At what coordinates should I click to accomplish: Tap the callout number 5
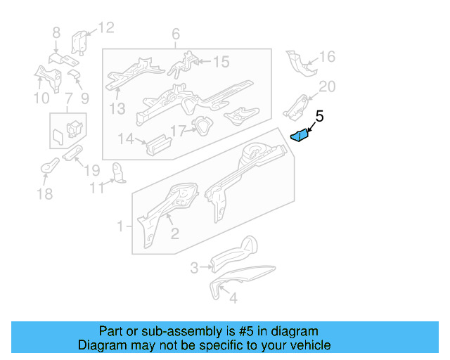click(x=319, y=117)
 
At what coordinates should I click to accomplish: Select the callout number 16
click(x=328, y=57)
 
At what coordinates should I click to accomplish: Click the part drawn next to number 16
click(x=298, y=64)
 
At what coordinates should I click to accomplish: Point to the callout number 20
click(x=328, y=86)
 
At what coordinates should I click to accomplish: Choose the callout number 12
click(x=105, y=28)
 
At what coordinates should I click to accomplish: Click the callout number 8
click(x=56, y=32)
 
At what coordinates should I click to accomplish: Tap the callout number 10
click(x=41, y=98)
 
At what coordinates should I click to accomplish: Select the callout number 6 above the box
click(x=176, y=34)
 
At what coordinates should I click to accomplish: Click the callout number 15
click(x=221, y=63)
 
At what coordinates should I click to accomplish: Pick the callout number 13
click(x=117, y=108)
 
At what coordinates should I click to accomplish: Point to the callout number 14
click(x=126, y=139)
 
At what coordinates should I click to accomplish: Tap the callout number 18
click(x=44, y=194)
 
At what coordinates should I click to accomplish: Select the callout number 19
click(x=91, y=170)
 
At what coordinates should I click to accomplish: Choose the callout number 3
click(x=195, y=267)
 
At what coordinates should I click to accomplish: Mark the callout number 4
click(x=233, y=298)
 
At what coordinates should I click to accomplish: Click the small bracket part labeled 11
click(x=119, y=172)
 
